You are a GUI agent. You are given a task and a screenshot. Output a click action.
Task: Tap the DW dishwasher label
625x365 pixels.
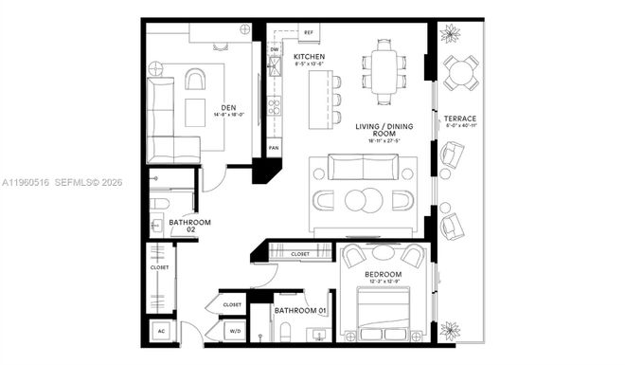click(x=275, y=50)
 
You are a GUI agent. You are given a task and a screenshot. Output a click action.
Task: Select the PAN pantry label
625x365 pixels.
click(x=274, y=149)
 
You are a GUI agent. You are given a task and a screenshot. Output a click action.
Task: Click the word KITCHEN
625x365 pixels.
click(x=310, y=57)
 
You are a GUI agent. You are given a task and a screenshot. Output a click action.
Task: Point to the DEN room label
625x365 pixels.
click(x=228, y=108)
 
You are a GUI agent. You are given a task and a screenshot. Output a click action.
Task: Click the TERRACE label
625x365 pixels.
click(x=460, y=119)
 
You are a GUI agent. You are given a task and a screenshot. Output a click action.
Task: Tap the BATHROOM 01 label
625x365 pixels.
click(x=300, y=310)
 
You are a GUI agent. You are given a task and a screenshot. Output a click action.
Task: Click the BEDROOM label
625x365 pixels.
click(x=384, y=275)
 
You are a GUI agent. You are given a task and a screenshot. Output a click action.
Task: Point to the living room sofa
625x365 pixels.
click(x=364, y=170)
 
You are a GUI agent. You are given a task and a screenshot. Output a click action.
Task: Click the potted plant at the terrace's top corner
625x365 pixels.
click(x=449, y=33)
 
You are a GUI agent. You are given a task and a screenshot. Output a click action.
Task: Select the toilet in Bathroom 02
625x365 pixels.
click(x=159, y=203)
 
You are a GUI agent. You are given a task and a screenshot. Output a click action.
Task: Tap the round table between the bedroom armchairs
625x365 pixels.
click(x=384, y=252)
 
